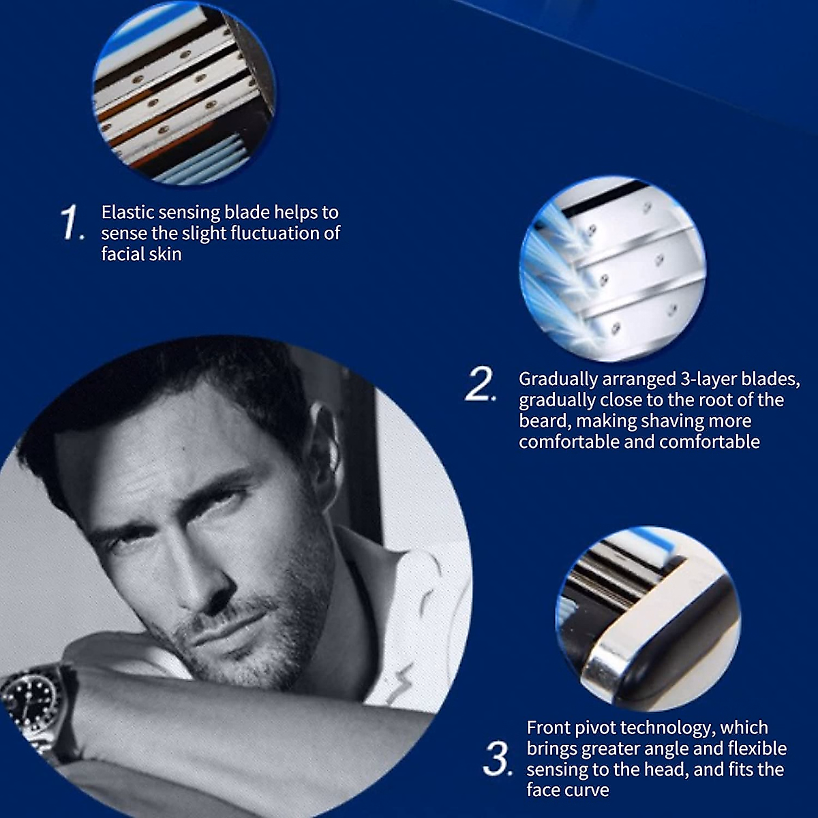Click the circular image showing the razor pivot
coord(648,617)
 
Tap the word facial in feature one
coord(122,254)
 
